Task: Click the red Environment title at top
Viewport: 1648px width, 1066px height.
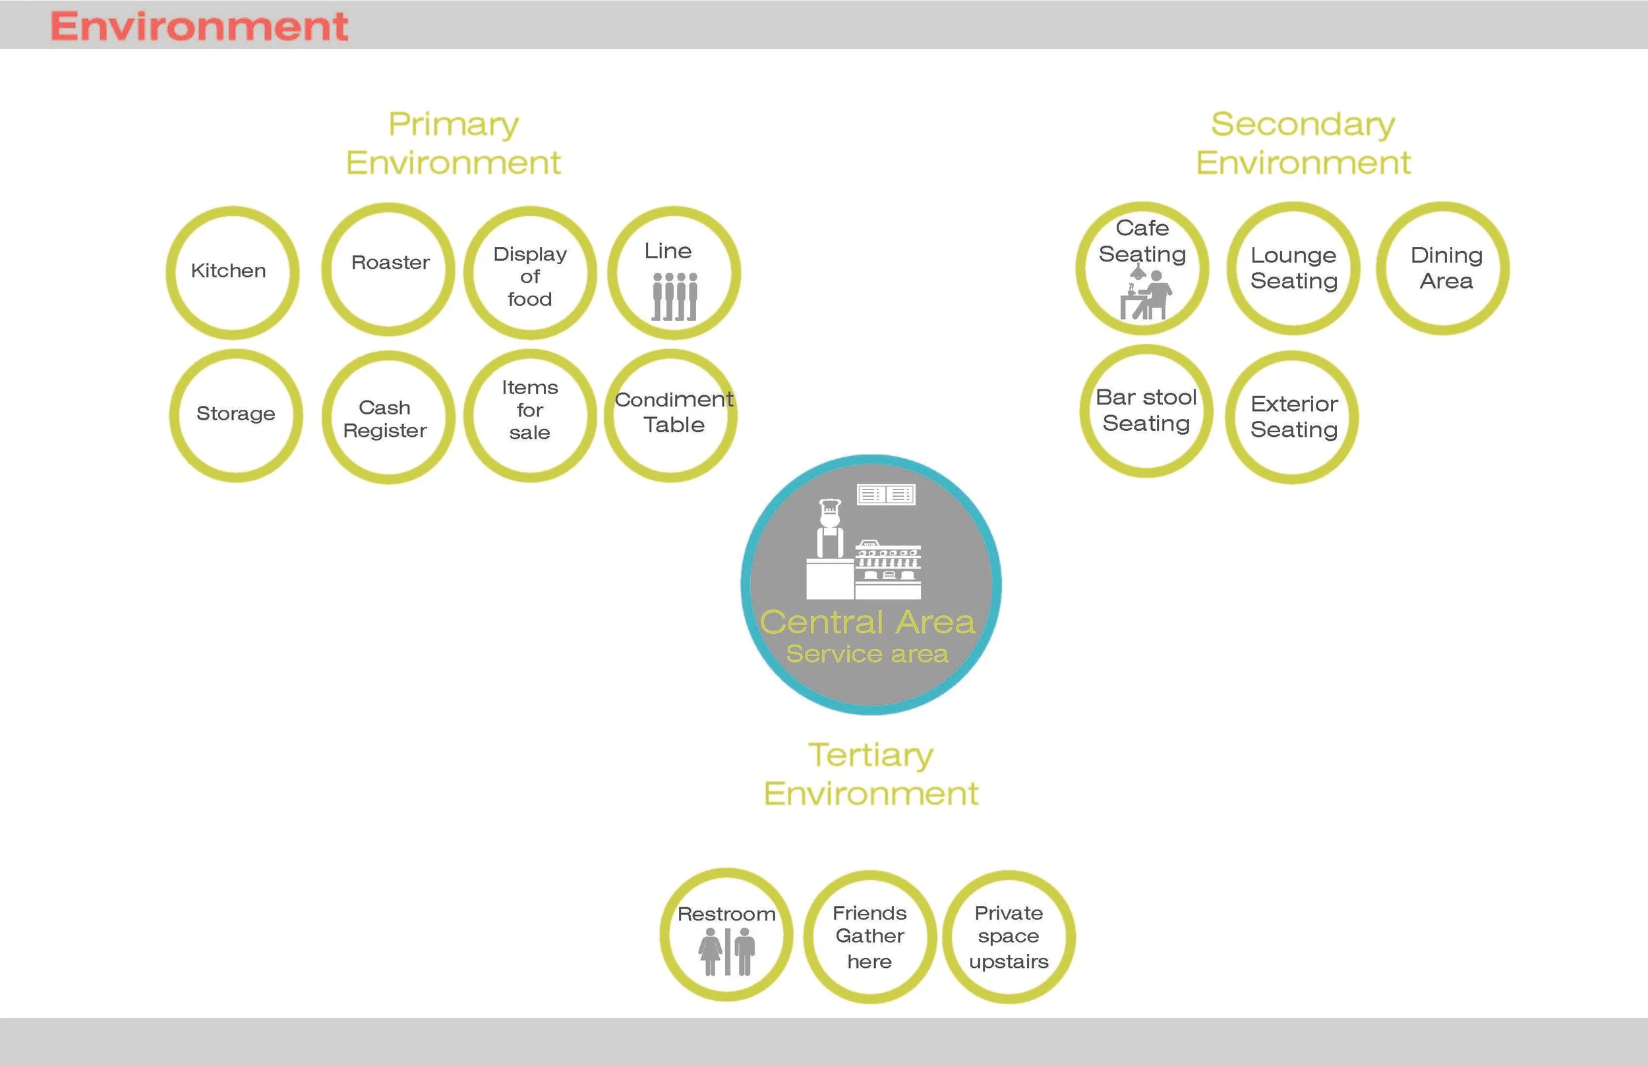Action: pos(198,26)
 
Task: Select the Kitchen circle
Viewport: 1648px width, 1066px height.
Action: pos(233,272)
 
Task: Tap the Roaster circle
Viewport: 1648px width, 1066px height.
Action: pos(388,269)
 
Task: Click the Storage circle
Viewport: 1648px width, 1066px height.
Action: pos(236,414)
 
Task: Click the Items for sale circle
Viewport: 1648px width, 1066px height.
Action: pos(530,414)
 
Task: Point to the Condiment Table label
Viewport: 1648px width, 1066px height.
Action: pos(673,412)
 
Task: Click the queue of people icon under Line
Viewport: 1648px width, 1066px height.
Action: pos(674,296)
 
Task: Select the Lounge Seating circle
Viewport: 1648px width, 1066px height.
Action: pos(1293,269)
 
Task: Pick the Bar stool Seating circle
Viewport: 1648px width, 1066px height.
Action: pos(1146,410)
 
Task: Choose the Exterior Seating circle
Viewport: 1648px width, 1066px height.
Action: pos(1292,416)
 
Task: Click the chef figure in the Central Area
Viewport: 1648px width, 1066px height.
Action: pos(829,529)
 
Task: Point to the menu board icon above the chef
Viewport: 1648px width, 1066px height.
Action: pos(885,494)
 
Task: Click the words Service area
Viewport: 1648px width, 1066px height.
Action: pos(867,654)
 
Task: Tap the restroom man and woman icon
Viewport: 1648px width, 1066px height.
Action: pos(726,952)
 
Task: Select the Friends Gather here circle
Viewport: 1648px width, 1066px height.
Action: pos(869,937)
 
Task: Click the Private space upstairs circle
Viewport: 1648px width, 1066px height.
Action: pos(1009,937)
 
